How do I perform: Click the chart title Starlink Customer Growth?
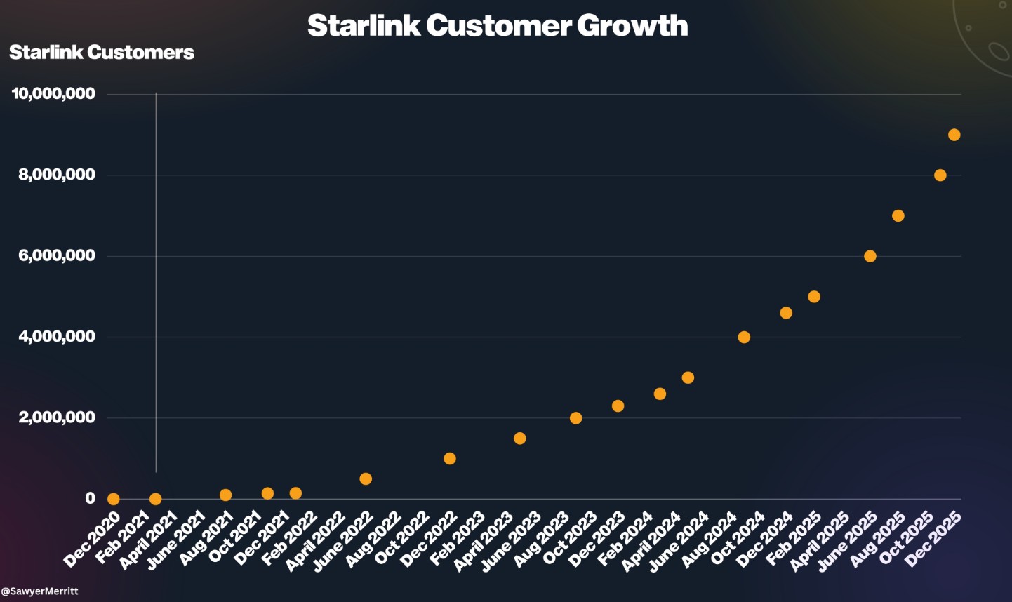pos(498,26)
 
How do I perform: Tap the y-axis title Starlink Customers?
pos(102,53)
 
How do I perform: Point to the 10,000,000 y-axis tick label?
pos(53,94)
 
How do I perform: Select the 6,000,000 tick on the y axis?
pos(57,256)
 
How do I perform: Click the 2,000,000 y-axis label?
pos(57,418)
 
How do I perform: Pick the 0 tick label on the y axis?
pos(90,499)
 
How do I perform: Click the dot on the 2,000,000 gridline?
pos(575,418)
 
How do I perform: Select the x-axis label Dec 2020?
pos(92,540)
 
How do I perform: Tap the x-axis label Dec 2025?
pos(933,540)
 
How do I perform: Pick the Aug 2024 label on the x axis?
pos(709,540)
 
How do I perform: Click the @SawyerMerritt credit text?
pos(40,591)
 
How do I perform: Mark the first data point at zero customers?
pos(113,499)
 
